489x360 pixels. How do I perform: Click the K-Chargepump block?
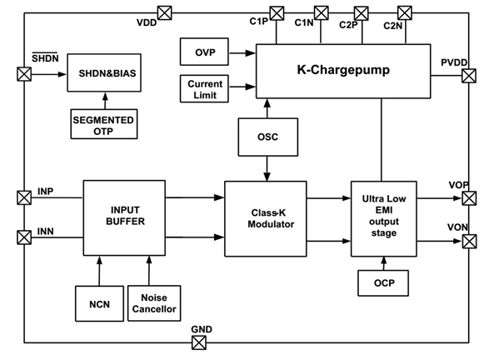click(343, 71)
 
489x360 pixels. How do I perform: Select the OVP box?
click(204, 52)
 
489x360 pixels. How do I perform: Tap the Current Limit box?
click(204, 88)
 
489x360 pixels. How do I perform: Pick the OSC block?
click(268, 137)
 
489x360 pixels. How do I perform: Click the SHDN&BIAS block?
click(104, 72)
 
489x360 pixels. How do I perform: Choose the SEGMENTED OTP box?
click(104, 124)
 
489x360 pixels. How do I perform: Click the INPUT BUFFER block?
click(124, 217)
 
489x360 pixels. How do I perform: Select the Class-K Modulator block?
click(266, 218)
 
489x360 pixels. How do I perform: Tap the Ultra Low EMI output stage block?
click(384, 218)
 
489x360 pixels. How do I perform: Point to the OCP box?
click(383, 283)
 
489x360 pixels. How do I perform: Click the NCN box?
click(99, 303)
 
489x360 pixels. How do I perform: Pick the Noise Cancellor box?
click(154, 303)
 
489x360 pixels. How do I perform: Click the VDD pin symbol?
click(165, 13)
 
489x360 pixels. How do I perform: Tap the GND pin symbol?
click(199, 342)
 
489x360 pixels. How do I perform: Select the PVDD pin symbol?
click(469, 76)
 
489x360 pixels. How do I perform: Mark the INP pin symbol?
click(24, 197)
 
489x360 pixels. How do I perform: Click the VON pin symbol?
click(469, 241)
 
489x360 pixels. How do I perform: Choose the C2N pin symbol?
click(405, 13)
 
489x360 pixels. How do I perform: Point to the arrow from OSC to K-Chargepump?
click(267, 108)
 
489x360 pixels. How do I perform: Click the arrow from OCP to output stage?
click(384, 263)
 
